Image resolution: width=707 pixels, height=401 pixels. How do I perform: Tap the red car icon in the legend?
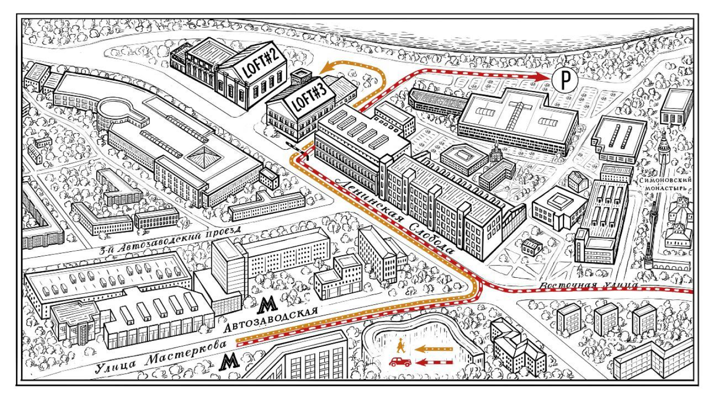tap(400, 361)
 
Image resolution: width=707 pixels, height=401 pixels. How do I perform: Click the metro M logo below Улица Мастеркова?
tap(229, 361)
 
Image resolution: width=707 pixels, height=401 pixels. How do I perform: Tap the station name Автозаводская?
tap(271, 321)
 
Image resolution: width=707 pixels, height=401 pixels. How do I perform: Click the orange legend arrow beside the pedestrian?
tap(435, 348)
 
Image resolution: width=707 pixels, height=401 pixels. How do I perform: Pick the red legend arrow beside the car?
tap(435, 362)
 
